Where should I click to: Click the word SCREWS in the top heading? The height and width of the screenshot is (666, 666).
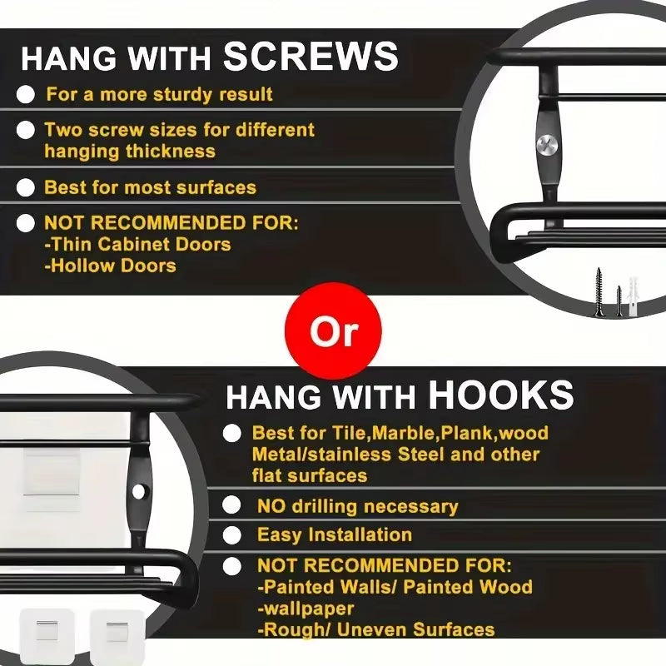pos(311,57)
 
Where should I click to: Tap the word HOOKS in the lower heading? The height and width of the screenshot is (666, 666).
pos(501,395)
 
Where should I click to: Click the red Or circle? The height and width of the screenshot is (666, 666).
pos(333,331)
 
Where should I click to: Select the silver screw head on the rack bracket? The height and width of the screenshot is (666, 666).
pos(545,145)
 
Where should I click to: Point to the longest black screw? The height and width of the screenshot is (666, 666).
pos(599,292)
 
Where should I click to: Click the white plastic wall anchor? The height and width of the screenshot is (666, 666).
pos(634,296)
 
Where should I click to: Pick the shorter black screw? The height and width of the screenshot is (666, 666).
pos(619,301)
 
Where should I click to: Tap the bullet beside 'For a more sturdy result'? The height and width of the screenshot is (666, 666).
pos(26,94)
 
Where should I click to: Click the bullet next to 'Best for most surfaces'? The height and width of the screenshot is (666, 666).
pos(26,187)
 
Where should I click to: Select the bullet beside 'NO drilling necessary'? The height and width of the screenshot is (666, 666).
pos(232,505)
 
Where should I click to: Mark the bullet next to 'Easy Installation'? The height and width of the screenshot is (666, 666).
pos(232,535)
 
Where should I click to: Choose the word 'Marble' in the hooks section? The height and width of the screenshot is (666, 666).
pos(405,433)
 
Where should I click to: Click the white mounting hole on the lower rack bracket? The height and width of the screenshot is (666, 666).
pos(138,491)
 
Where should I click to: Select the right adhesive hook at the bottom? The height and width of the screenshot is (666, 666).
pos(117,636)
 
